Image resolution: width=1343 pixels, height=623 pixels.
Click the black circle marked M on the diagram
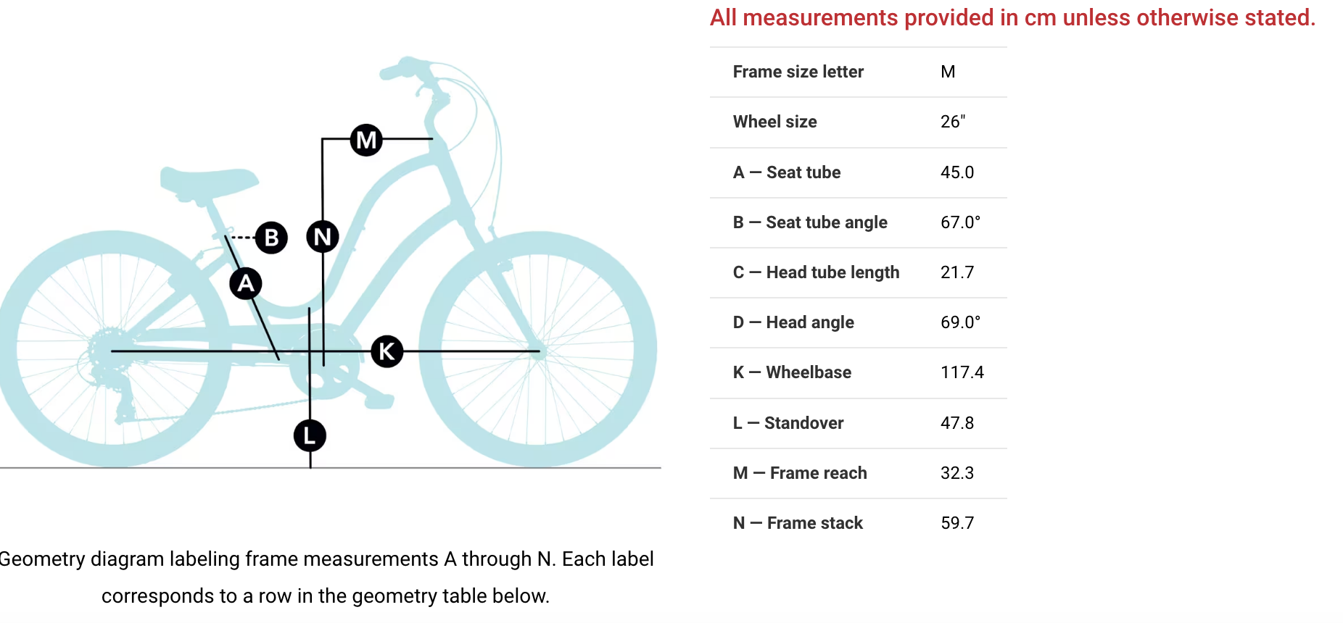(x=366, y=140)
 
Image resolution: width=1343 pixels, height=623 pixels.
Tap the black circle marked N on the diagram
(x=323, y=236)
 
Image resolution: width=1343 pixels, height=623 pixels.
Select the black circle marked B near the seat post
(x=271, y=238)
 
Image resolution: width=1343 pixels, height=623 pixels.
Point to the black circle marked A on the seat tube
(x=246, y=283)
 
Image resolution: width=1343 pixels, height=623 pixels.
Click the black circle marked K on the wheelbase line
(x=387, y=351)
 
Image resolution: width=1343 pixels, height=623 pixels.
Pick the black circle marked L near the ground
(x=310, y=435)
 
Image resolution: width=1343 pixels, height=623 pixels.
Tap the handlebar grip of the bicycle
(x=398, y=68)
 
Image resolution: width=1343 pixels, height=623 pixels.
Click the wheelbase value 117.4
(x=962, y=372)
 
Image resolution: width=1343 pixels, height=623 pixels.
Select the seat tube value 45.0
(x=957, y=172)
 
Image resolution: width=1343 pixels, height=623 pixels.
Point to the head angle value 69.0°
(x=960, y=322)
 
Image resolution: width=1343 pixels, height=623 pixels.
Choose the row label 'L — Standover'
(x=788, y=423)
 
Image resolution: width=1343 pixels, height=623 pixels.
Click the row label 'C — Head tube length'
(x=816, y=272)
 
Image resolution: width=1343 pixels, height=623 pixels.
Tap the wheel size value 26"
(x=953, y=122)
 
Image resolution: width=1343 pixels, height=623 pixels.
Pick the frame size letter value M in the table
(x=948, y=72)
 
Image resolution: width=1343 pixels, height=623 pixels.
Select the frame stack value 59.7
(x=957, y=523)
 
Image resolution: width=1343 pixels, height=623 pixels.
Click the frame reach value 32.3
(x=957, y=473)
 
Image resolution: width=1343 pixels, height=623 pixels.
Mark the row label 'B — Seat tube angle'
(x=810, y=222)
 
